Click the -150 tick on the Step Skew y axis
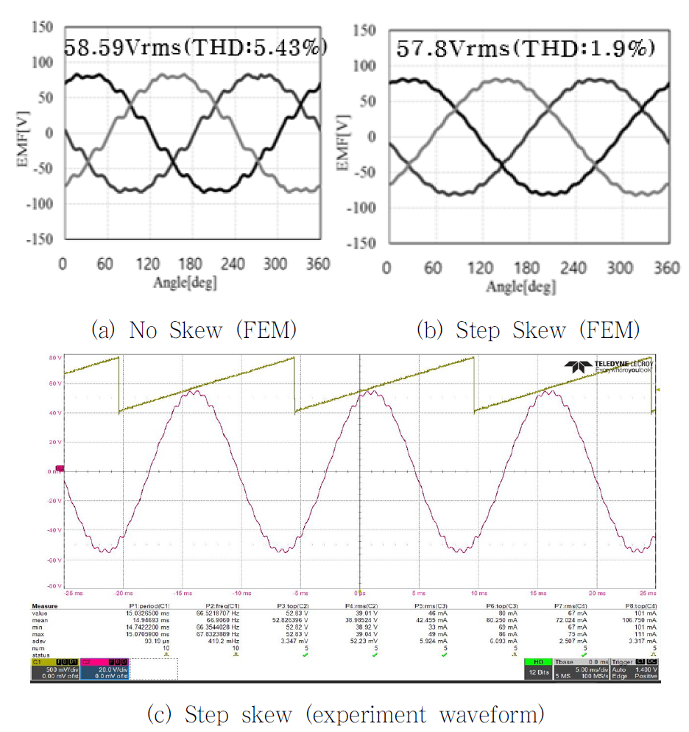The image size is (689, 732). (363, 243)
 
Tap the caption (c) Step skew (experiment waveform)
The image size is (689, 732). (346, 714)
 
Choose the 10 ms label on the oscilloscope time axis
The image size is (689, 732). (478, 593)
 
